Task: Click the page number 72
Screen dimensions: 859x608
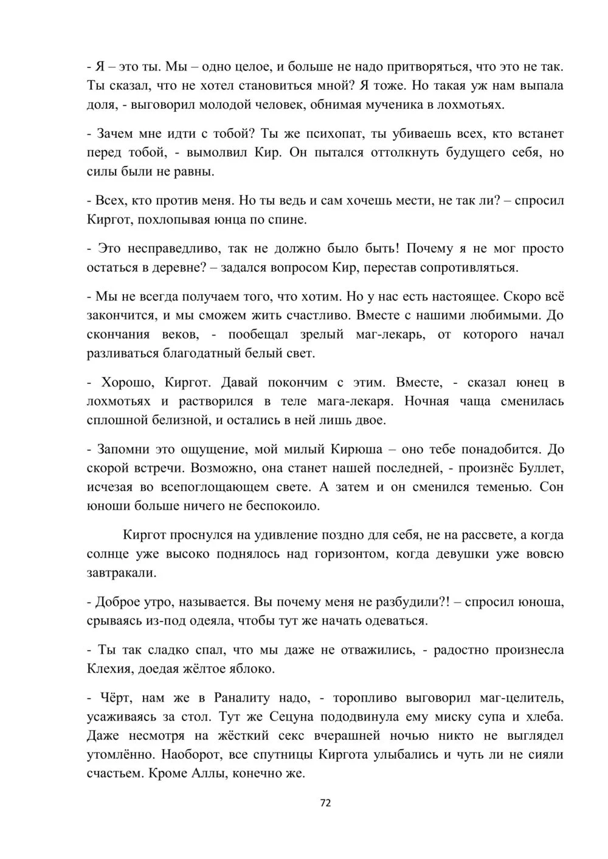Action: [x=325, y=803]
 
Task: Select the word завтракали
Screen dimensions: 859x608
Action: [x=121, y=572]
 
